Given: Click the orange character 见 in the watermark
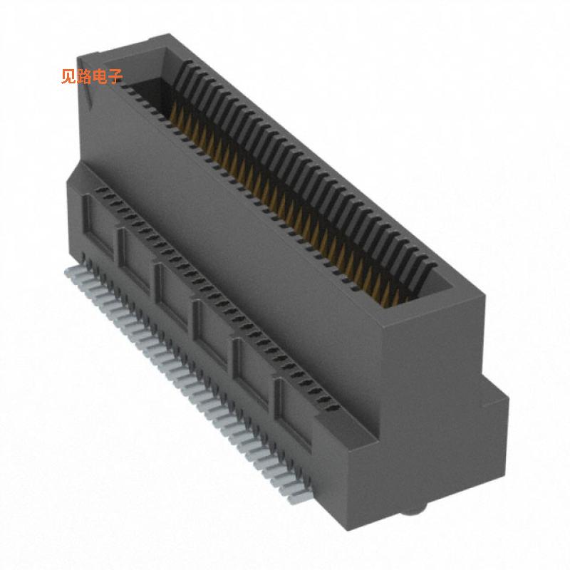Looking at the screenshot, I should [x=68, y=77].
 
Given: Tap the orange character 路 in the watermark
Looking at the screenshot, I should [x=84, y=77].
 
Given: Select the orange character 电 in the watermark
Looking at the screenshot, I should [x=100, y=77].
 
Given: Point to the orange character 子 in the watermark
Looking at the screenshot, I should [x=115, y=77].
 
